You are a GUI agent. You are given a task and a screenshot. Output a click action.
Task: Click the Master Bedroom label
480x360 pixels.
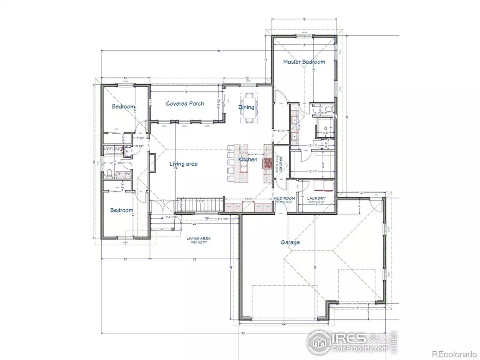[304, 62]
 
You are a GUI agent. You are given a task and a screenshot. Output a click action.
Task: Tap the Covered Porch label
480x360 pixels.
[185, 104]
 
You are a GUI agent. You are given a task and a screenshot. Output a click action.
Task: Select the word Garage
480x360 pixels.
[290, 242]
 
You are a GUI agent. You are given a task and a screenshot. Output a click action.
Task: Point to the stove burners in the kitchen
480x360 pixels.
[267, 164]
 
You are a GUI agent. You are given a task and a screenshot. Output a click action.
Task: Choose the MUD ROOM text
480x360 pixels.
[284, 198]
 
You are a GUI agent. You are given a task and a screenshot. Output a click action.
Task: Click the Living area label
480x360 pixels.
[184, 164]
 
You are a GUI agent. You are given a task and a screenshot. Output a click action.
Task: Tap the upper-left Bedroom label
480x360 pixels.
[123, 107]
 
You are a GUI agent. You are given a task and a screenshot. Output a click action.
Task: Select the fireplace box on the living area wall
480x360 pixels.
[152, 163]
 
